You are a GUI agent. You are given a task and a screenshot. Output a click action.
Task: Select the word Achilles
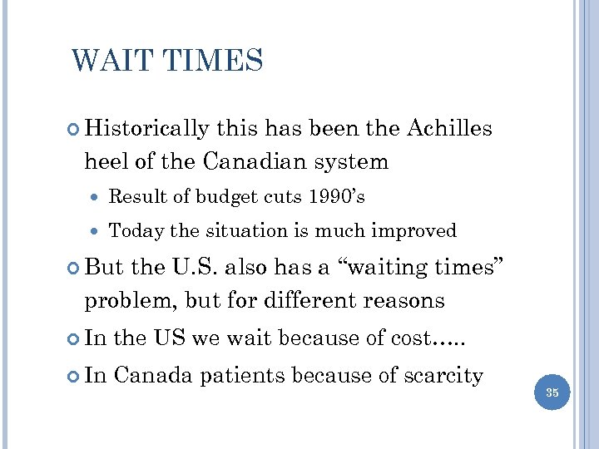(x=450, y=129)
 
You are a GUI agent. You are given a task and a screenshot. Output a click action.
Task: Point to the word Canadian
(x=275, y=161)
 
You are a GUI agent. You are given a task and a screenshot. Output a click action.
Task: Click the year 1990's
(x=336, y=197)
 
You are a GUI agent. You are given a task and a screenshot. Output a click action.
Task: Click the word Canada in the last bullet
(x=154, y=375)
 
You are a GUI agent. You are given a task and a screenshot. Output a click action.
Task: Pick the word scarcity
(x=443, y=376)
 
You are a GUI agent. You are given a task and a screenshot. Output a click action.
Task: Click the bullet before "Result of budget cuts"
(x=99, y=198)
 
